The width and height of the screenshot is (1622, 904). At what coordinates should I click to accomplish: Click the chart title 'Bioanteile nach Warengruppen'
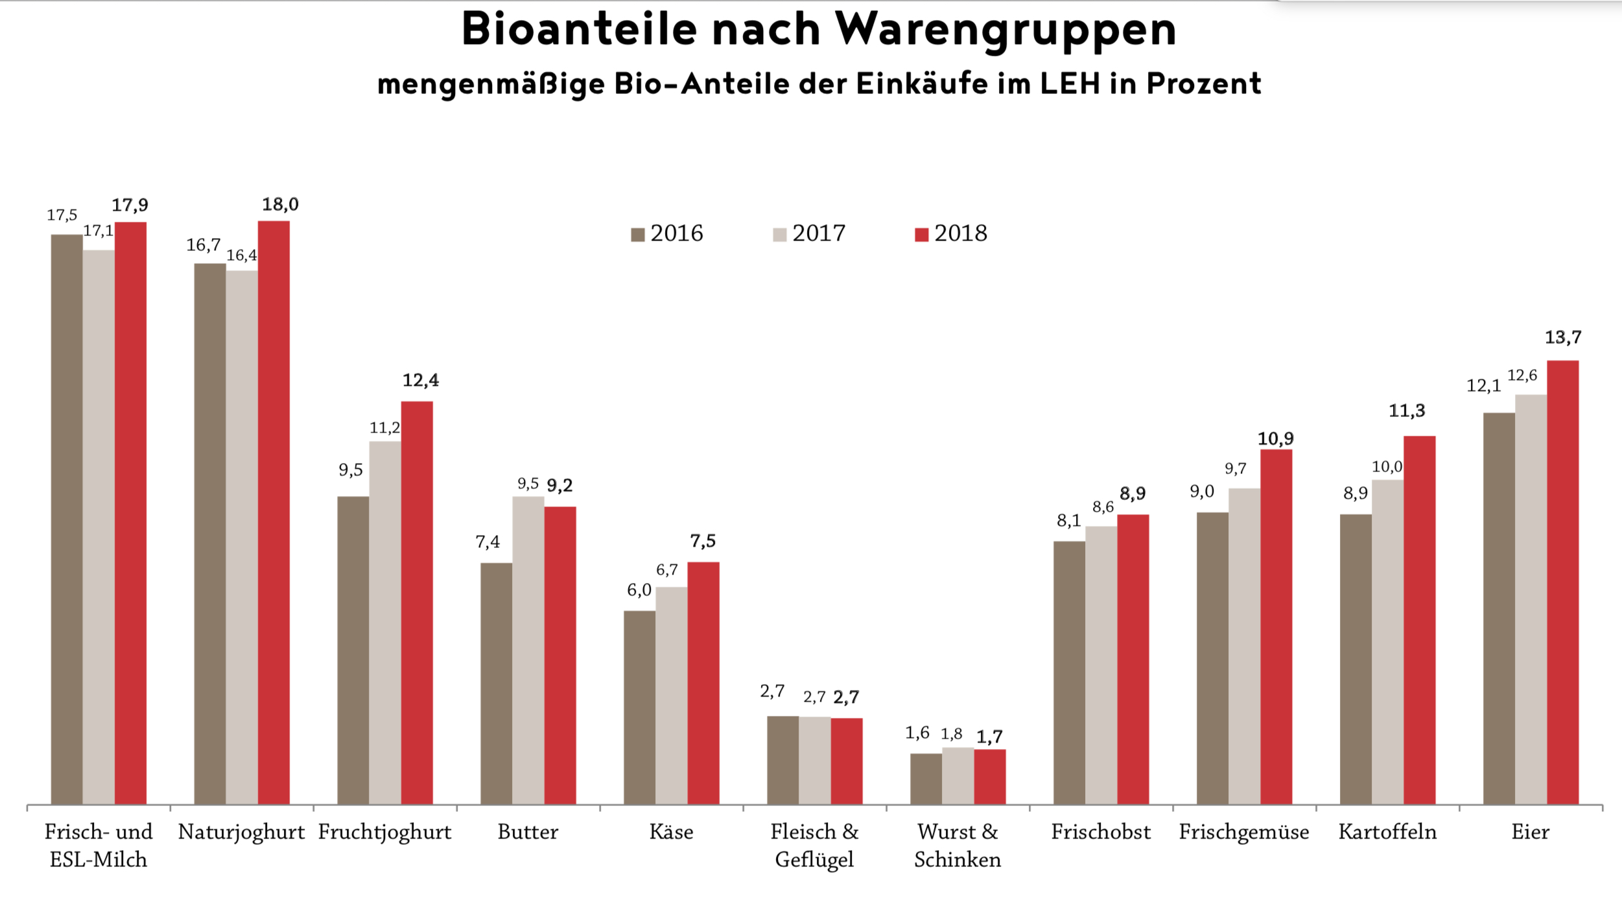818,29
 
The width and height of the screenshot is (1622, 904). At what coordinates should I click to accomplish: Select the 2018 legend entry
951,233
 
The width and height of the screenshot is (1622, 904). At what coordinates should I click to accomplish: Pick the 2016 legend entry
667,233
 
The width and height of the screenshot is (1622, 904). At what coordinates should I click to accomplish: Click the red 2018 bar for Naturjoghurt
274,512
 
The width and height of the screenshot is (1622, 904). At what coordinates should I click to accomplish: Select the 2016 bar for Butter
496,684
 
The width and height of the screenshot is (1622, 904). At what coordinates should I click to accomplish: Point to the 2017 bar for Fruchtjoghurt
385,623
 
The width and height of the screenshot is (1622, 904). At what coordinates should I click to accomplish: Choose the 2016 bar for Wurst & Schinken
926,778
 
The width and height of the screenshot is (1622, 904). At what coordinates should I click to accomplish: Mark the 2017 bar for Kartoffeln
1387,642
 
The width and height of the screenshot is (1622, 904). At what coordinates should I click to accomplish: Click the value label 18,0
280,205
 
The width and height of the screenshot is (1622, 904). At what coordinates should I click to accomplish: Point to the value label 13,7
1563,337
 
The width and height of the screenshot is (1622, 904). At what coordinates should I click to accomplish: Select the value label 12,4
421,380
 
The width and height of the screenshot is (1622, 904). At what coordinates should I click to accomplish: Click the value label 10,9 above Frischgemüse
1276,439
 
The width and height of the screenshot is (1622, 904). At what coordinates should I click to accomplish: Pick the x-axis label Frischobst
1101,832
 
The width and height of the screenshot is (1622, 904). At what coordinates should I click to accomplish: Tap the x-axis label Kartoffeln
1387,832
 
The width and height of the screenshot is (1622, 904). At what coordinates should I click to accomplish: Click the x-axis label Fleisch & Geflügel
814,846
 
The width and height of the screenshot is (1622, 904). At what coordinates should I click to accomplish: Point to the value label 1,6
917,733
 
